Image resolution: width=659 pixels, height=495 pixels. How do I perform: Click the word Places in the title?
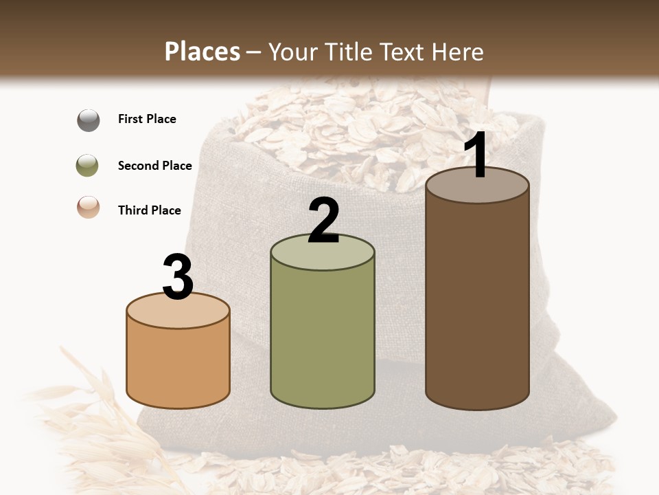[x=203, y=52]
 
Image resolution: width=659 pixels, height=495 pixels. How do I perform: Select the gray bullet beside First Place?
[x=88, y=120]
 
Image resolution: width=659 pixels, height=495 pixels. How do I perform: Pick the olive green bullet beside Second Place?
[x=88, y=166]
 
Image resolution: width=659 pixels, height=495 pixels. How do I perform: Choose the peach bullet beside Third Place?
[x=88, y=208]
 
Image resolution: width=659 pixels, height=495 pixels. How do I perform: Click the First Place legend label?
[x=147, y=119]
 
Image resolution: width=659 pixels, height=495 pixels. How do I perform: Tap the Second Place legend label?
[x=154, y=166]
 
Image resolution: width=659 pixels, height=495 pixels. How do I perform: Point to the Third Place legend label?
[x=149, y=210]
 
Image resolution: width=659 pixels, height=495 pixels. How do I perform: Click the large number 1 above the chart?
[x=476, y=155]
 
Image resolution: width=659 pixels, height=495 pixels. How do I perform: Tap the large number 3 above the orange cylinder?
[x=178, y=277]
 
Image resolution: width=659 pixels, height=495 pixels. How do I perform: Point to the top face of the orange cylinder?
[x=178, y=311]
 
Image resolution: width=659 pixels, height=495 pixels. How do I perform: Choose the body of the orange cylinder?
[x=178, y=364]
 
